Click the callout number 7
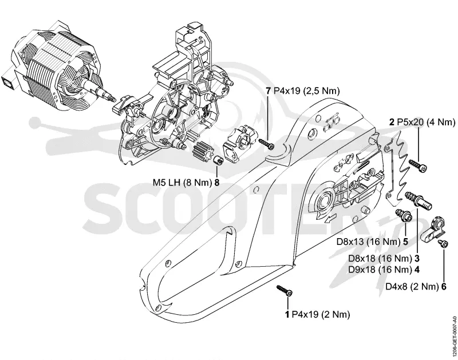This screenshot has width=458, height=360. [269, 91]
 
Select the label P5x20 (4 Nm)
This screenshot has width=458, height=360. [427, 122]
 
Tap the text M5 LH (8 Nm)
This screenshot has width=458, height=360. [182, 183]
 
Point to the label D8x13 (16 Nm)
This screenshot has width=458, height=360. [368, 242]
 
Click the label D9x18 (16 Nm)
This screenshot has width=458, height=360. [380, 269]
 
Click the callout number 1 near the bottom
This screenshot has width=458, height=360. [287, 314]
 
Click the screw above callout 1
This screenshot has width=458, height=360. [285, 291]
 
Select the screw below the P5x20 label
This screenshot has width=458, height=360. [418, 165]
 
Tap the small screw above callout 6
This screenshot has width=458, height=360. [442, 243]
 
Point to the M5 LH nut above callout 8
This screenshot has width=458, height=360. [218, 160]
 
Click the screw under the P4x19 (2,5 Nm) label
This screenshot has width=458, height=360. [266, 143]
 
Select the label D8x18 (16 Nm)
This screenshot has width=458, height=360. [380, 259]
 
